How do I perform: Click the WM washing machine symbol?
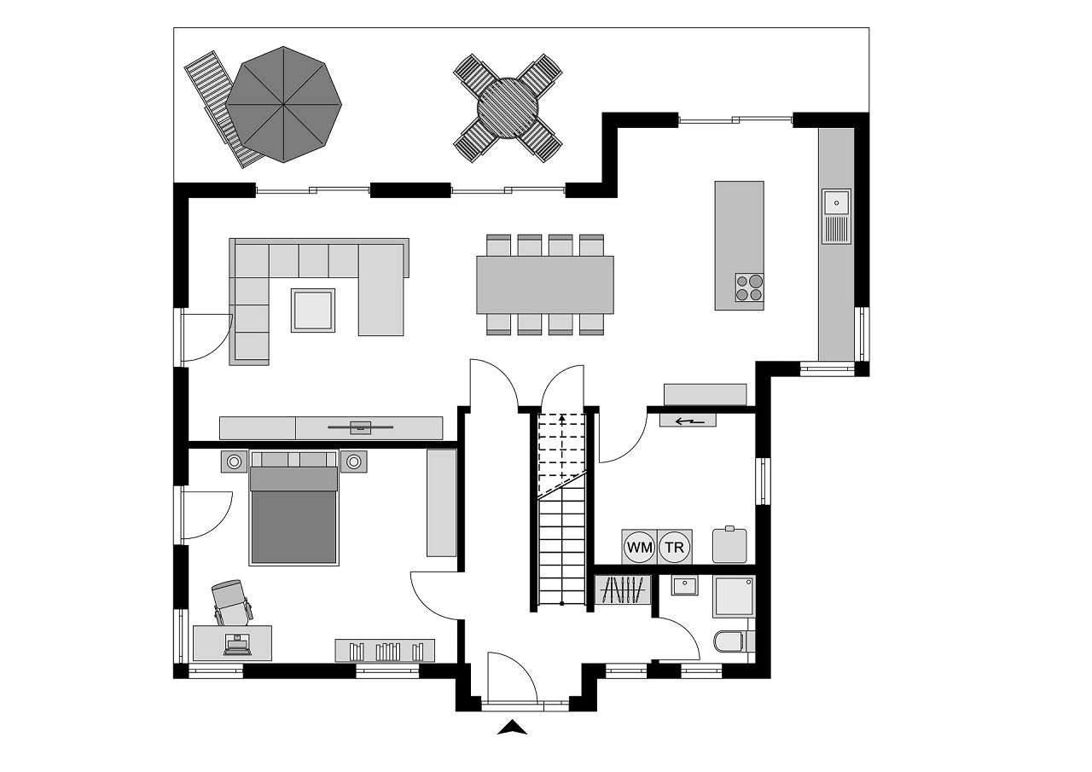[640, 547]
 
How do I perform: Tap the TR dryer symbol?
[675, 547]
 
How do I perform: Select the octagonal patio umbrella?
[283, 104]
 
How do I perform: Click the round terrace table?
[508, 108]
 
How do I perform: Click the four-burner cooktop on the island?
[749, 287]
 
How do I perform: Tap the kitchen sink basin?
[837, 202]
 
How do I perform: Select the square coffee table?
[313, 311]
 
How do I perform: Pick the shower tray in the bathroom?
[734, 596]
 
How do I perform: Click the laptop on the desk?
[237, 644]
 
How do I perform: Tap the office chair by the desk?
[233, 602]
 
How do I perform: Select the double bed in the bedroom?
[293, 508]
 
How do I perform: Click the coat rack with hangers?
[623, 589]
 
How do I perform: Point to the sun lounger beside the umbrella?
[222, 110]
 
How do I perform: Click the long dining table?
[545, 285]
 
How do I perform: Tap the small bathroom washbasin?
[684, 585]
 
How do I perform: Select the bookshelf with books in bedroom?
[385, 650]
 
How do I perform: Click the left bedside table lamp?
[234, 461]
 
